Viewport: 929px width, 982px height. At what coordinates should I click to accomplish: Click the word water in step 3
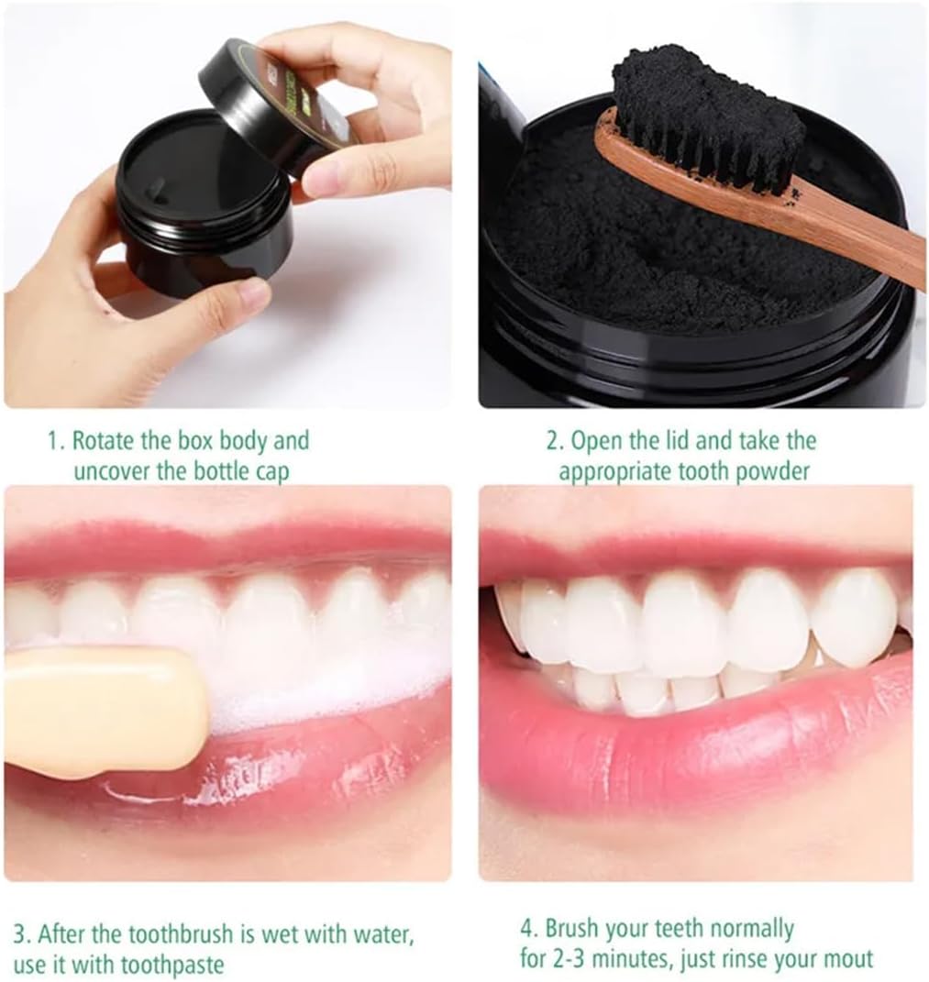pyautogui.click(x=382, y=934)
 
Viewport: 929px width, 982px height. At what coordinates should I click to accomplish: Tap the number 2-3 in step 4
pyautogui.click(x=566, y=959)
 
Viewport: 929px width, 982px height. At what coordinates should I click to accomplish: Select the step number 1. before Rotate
pyautogui.click(x=56, y=441)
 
